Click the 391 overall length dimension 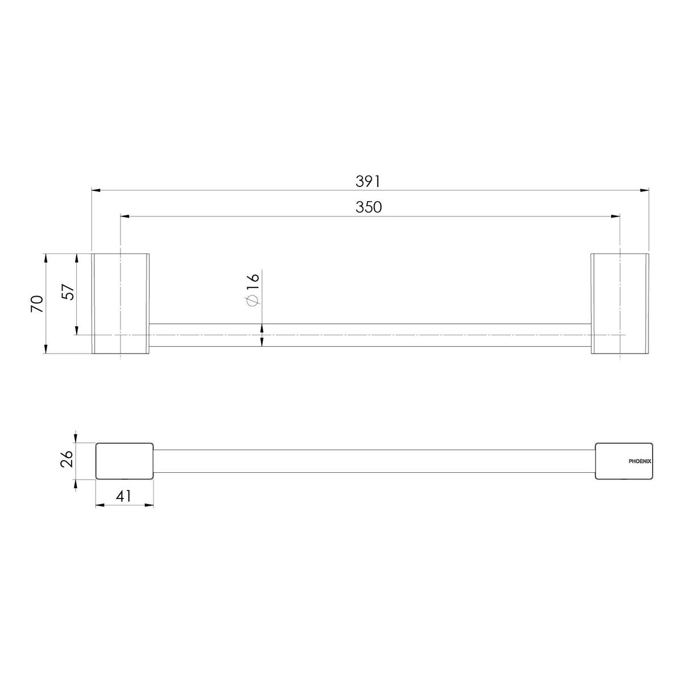(368, 181)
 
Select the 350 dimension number (368, 207)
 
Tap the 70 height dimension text (37, 303)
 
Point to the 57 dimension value (68, 292)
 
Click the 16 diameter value (253, 282)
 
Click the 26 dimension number (66, 458)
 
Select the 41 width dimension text (123, 496)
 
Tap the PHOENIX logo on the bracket (639, 461)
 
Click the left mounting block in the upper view (120, 303)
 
